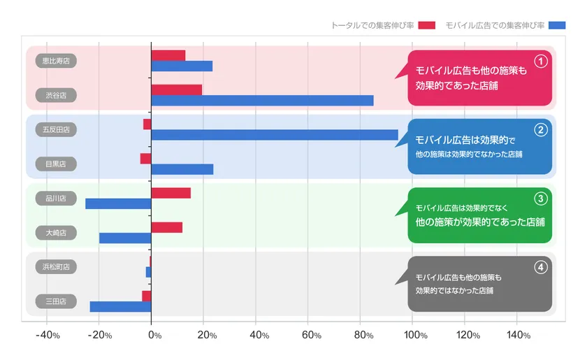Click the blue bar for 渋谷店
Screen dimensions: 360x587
coord(262,100)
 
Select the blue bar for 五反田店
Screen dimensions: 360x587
coord(274,135)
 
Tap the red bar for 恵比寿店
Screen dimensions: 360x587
coord(168,55)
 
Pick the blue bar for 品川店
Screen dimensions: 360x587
coord(118,203)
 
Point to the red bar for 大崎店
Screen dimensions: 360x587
coord(166,227)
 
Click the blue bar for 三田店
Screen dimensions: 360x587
coord(120,306)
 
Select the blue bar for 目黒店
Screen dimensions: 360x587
coord(182,169)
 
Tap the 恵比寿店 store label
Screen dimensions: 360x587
coord(56,61)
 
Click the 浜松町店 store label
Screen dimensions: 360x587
coord(56,266)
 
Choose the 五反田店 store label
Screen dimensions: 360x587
coord(56,129)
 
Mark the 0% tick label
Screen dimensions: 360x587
coord(154,336)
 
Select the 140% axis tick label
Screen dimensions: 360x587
coord(518,336)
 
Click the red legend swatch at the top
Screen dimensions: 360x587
coord(426,25)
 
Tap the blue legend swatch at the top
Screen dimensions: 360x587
coord(557,25)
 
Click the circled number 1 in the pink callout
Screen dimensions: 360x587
coord(540,61)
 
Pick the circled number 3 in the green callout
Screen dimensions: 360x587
coord(540,198)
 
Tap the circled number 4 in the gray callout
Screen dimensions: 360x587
coord(540,266)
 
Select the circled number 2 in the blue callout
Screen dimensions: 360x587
coord(540,129)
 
